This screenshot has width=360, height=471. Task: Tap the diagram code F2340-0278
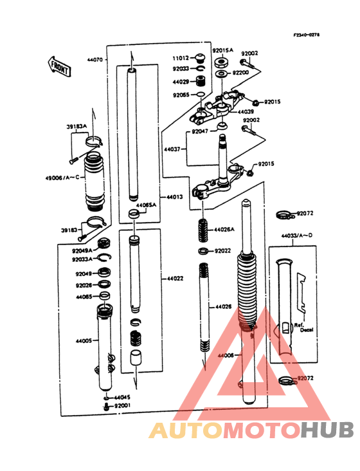pyautogui.click(x=306, y=35)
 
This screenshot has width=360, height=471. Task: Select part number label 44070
pyautogui.click(x=94, y=59)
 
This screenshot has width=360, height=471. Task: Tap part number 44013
pyautogui.click(x=175, y=197)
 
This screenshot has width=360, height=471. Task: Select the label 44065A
pyautogui.click(x=145, y=205)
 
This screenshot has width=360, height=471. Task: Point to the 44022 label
pyautogui.click(x=175, y=279)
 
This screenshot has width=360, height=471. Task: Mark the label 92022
pyautogui.click(x=222, y=251)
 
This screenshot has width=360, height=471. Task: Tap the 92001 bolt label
pyautogui.click(x=123, y=406)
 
